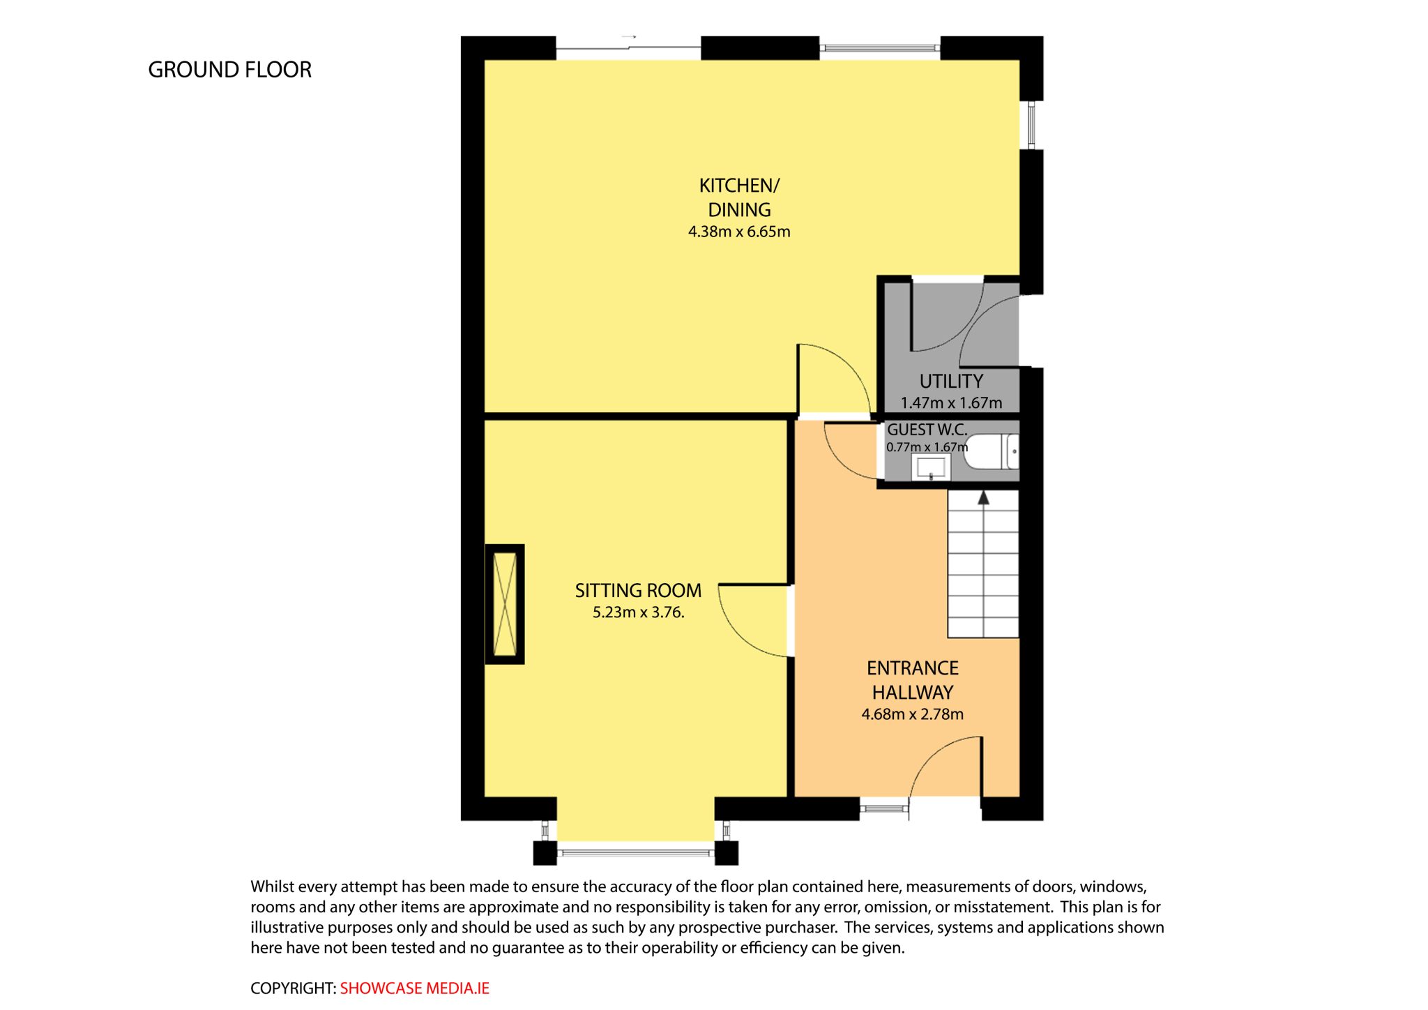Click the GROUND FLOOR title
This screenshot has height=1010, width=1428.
coord(229,70)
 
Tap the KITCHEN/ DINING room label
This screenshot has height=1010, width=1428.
coord(739,197)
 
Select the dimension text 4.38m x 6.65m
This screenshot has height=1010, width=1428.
coord(739,232)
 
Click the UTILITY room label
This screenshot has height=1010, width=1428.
coord(951,382)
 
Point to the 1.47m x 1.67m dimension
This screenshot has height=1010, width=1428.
coord(951,402)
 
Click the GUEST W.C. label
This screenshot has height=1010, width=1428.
coord(927,430)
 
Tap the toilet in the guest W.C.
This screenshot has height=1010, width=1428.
coord(994,452)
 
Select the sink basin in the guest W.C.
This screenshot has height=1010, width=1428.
coord(931,467)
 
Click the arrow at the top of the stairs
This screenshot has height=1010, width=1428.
coord(984,497)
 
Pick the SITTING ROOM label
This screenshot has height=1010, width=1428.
coord(638,591)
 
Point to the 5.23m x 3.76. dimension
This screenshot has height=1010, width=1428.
coord(638,612)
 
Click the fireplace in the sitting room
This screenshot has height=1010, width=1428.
coord(505,604)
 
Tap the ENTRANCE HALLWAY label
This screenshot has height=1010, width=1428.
coord(912,680)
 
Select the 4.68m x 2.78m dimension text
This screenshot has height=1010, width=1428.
coord(912,714)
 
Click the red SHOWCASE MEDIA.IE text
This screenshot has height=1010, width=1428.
coord(415,988)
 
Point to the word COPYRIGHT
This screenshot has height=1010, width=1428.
coord(293,988)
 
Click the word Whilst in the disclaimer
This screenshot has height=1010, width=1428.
coord(273,887)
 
